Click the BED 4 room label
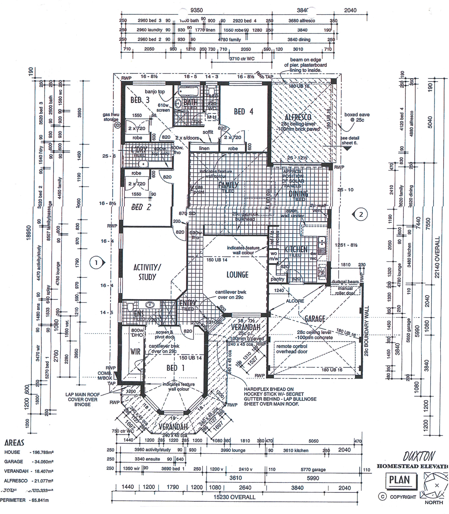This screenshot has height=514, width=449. [243, 112]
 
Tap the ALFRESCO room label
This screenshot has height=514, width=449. [298, 117]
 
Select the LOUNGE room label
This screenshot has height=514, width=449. [237, 275]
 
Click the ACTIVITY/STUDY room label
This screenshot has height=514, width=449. [147, 272]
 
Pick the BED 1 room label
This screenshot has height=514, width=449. [175, 368]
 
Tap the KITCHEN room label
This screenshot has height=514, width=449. [296, 249]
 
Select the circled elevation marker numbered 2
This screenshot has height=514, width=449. [361, 214]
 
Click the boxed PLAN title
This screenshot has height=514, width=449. [399, 480]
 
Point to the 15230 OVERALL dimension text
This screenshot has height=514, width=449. [235, 497]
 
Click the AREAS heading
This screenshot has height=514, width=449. [14, 443]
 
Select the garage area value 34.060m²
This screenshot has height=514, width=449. [43, 462]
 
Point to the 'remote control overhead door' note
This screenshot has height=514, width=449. [292, 349]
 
